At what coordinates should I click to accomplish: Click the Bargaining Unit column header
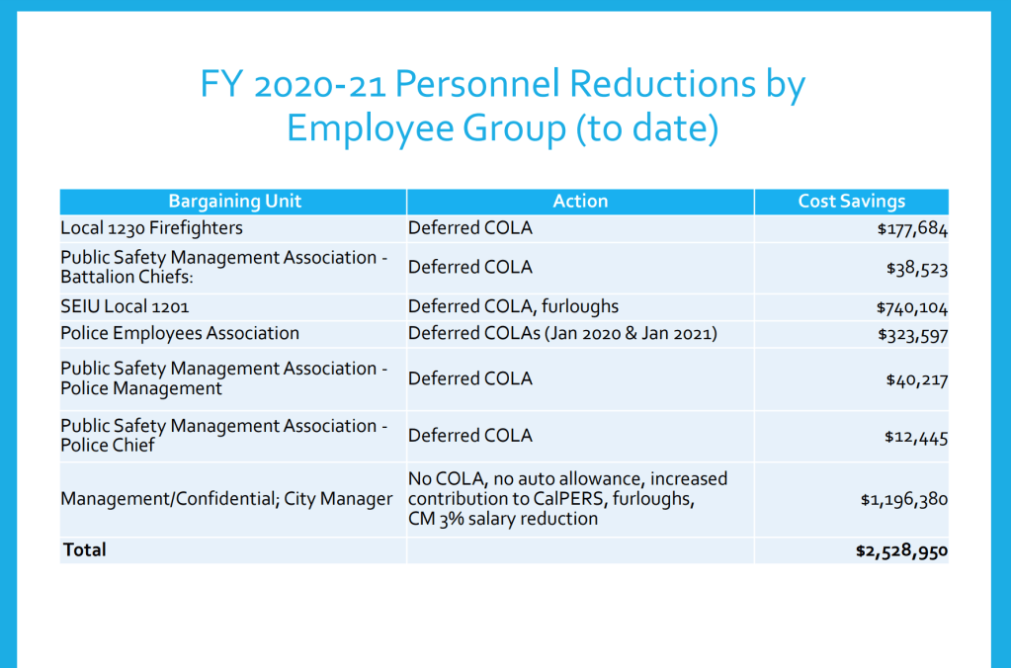(234, 202)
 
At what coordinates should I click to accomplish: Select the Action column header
(580, 202)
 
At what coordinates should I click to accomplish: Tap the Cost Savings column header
(851, 202)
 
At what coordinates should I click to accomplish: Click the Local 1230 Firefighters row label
(151, 228)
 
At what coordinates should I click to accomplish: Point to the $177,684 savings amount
(912, 230)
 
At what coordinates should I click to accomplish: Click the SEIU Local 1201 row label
(125, 306)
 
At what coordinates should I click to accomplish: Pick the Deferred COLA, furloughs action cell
(513, 306)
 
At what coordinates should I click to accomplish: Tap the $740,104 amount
(912, 307)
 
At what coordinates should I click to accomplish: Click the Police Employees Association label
(180, 334)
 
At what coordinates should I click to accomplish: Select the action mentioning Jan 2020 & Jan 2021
(562, 334)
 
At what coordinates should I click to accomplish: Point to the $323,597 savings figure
(912, 335)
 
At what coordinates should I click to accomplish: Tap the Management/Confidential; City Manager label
(226, 499)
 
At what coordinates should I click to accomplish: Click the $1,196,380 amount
(904, 500)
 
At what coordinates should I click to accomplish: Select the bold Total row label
(84, 549)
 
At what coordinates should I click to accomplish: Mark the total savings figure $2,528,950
(901, 550)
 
